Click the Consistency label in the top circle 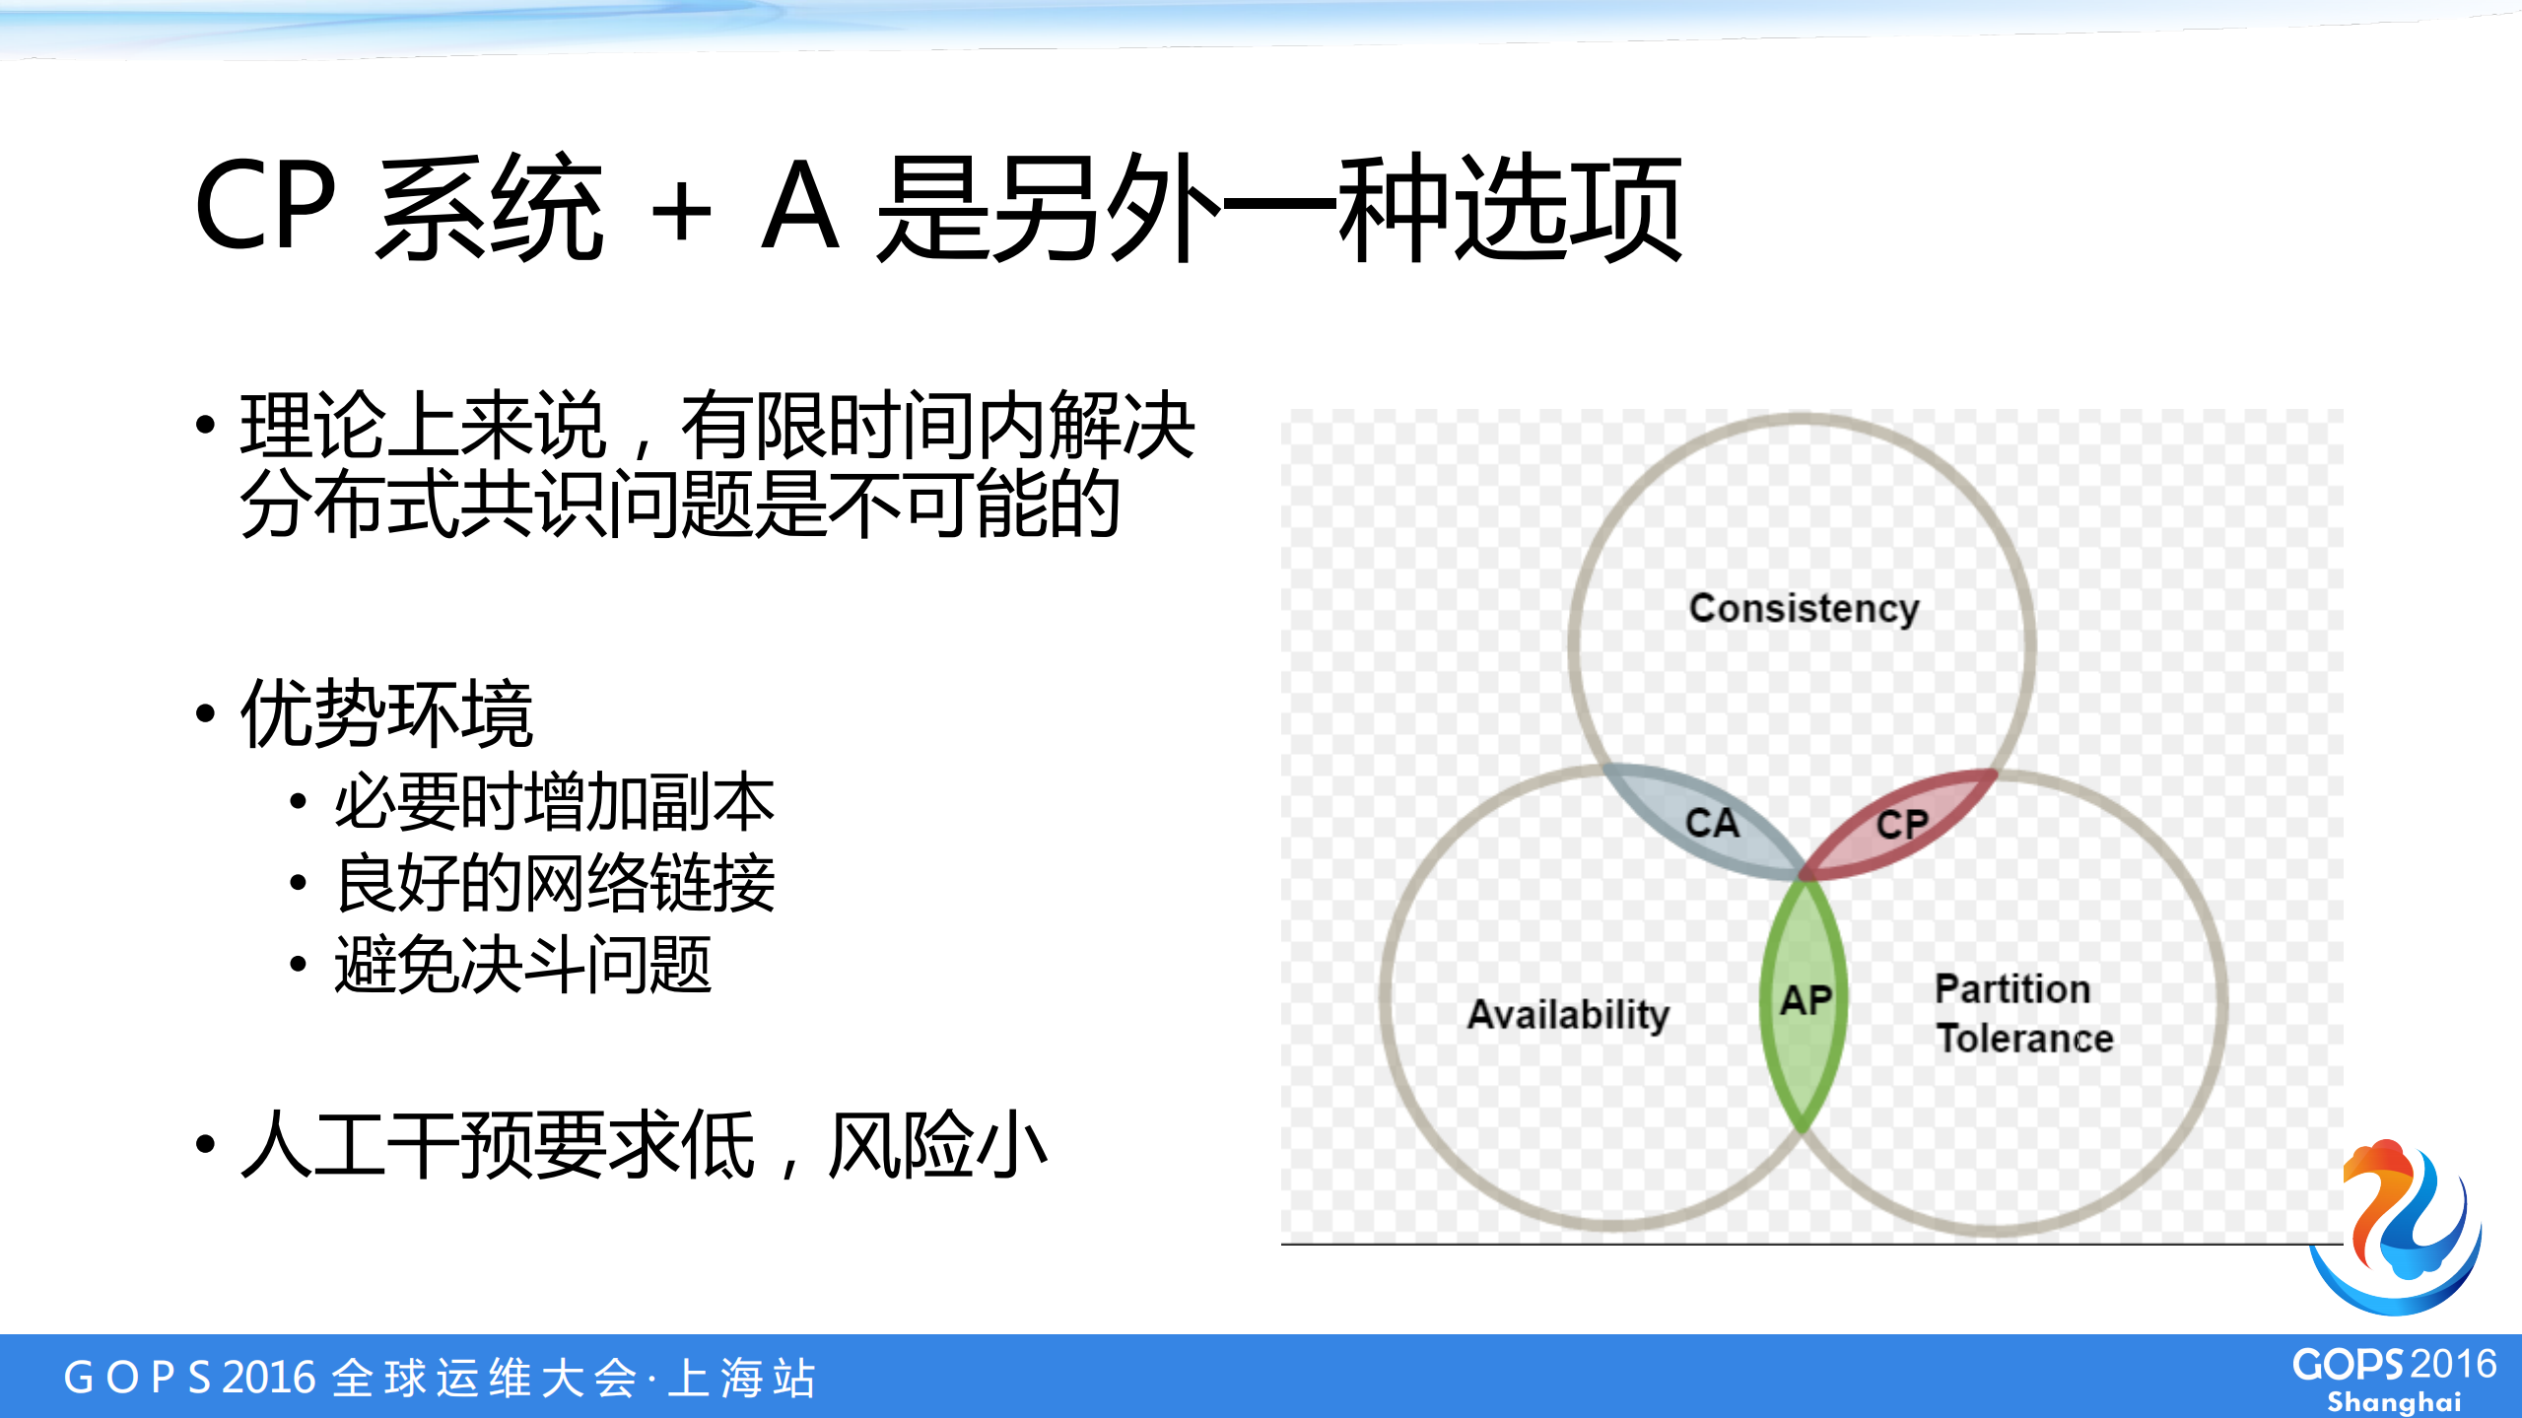[1804, 608]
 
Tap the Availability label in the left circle [1568, 1014]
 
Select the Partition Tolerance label [2023, 1014]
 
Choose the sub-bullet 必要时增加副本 [554, 802]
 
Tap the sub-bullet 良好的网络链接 [554, 883]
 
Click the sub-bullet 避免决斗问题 [522, 965]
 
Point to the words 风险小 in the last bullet [936, 1145]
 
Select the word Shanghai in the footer [2394, 1401]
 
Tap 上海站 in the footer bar [741, 1378]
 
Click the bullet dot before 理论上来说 [205, 426]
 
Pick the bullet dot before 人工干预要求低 [205, 1145]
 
